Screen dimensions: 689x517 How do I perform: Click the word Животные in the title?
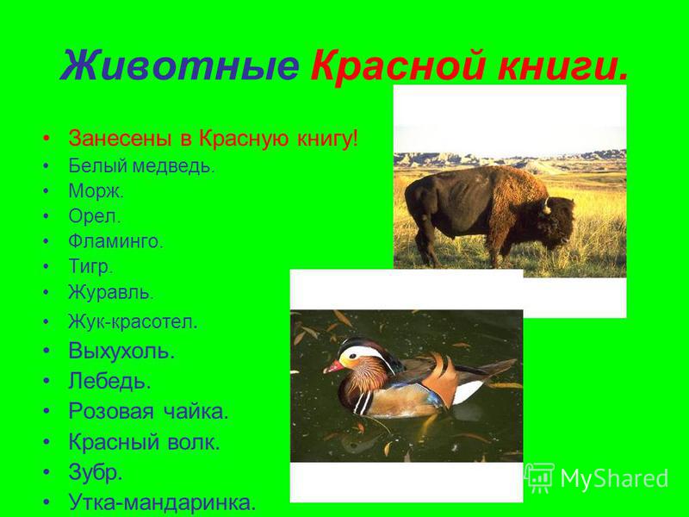click(x=179, y=66)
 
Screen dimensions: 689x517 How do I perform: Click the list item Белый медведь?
click(x=141, y=166)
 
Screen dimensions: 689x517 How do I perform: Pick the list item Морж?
click(x=96, y=191)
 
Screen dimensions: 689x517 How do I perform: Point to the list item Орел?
click(x=94, y=216)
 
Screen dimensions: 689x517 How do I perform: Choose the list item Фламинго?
click(x=115, y=241)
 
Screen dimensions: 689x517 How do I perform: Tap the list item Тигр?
click(x=90, y=267)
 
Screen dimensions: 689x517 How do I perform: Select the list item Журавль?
click(x=111, y=292)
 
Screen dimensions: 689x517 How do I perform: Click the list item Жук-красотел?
click(x=133, y=322)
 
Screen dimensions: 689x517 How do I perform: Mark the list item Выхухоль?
click(x=121, y=351)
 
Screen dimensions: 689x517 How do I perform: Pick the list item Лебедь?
click(x=109, y=381)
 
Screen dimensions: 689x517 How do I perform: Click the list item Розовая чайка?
click(x=148, y=412)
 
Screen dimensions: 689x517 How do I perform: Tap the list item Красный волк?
click(x=144, y=442)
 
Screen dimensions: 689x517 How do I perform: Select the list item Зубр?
click(x=95, y=472)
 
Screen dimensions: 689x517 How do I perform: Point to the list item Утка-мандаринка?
click(x=162, y=501)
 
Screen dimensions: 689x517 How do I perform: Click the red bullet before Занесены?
click(x=47, y=139)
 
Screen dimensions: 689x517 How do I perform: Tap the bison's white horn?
click(x=547, y=206)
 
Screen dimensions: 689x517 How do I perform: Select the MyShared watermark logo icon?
click(x=539, y=478)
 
